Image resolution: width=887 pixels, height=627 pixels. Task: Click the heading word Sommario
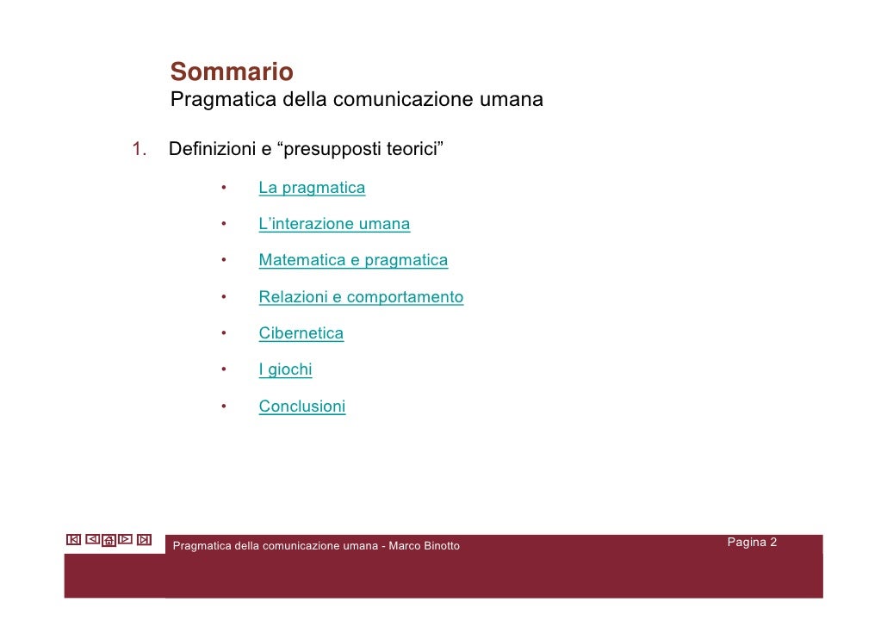point(232,71)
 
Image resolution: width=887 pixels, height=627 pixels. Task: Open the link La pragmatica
point(312,188)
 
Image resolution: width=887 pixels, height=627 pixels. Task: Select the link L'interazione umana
point(334,225)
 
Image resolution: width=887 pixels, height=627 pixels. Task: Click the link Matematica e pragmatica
point(353,261)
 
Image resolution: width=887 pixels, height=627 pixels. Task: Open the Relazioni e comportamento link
point(361,298)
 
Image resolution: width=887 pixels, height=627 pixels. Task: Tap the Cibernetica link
point(301,334)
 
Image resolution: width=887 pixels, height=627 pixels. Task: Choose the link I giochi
point(285,370)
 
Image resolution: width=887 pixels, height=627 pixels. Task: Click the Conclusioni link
point(301,407)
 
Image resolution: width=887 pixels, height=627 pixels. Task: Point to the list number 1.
point(140,150)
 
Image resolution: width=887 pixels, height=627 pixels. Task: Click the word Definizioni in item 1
point(212,150)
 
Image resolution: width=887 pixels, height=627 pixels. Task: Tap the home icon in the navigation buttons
point(109,541)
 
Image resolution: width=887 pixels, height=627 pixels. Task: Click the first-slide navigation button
point(73,540)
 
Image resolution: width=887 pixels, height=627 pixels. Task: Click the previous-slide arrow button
point(92,540)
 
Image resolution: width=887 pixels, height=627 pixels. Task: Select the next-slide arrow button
point(126,540)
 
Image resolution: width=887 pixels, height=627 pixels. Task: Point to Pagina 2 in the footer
point(752,543)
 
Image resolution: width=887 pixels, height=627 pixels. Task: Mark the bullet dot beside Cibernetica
point(222,334)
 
